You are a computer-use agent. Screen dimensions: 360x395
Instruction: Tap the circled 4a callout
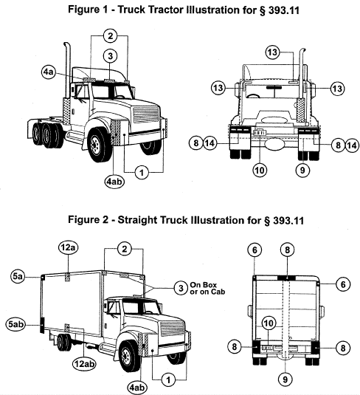[49, 72]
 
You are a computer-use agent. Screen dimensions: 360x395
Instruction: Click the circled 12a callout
[68, 247]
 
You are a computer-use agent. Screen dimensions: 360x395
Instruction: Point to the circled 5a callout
[18, 276]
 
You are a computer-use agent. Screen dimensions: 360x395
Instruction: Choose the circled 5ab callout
[15, 323]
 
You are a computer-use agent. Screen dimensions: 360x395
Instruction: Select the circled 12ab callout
[84, 363]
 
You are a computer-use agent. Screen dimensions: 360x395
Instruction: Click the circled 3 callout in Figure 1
[110, 56]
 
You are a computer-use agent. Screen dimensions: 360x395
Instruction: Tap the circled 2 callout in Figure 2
[125, 249]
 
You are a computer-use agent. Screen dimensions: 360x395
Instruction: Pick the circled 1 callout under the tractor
[142, 173]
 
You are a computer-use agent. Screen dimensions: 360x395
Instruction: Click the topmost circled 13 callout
[272, 52]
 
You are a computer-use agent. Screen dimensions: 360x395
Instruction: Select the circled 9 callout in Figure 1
[302, 171]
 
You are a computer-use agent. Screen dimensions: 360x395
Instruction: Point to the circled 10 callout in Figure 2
[269, 323]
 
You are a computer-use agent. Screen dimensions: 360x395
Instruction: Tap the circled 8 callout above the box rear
[287, 250]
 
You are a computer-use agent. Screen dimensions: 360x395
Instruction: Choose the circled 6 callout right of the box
[343, 284]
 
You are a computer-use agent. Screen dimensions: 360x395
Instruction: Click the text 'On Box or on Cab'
[207, 288]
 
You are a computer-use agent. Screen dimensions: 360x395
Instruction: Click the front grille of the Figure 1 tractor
[146, 114]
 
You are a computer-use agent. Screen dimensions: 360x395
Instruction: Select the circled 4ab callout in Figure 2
[137, 387]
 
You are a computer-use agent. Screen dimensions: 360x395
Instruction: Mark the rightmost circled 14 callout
[352, 145]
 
